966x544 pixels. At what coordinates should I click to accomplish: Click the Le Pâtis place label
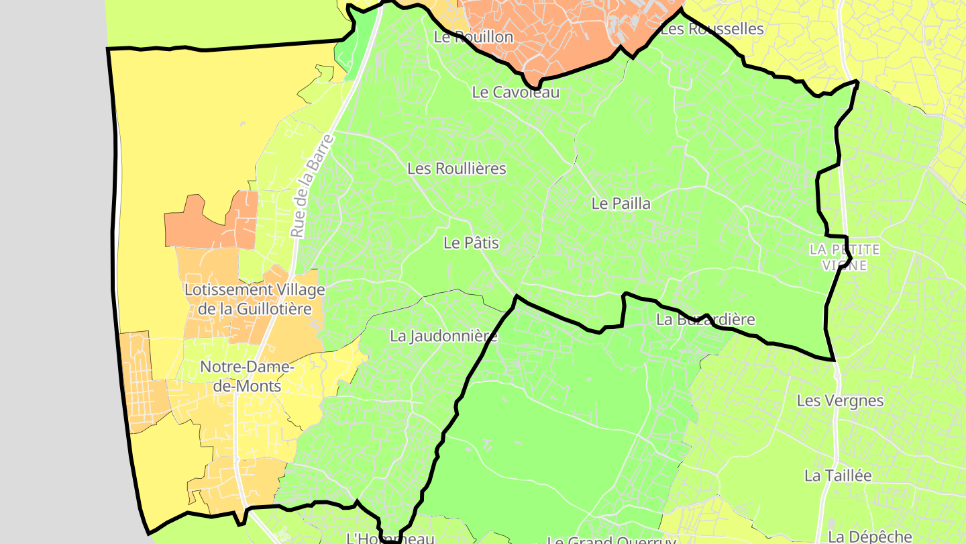coord(471,242)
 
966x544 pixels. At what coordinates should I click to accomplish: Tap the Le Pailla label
coord(621,203)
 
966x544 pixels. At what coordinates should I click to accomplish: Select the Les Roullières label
coord(456,168)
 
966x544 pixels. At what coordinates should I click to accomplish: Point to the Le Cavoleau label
coord(515,92)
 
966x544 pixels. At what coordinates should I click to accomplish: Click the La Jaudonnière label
coord(443,336)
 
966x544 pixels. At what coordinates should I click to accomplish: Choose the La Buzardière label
coord(705,320)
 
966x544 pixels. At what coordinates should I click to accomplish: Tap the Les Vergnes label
coord(840,400)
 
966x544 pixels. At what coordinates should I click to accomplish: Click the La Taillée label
coord(838,475)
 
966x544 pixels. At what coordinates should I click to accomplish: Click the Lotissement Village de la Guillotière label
coord(254,300)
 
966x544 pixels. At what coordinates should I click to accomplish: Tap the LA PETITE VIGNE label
coord(844,257)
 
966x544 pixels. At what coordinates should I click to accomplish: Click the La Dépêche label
coord(870,537)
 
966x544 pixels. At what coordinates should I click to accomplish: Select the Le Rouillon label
coord(474,37)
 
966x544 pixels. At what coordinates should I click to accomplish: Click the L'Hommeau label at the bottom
coord(390,538)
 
